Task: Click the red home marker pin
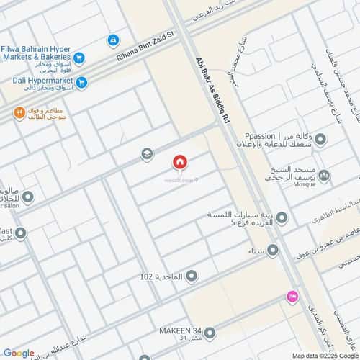click(179, 162)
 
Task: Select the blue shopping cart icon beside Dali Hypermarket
click(81, 83)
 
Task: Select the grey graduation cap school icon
click(147, 154)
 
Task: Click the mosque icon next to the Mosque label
click(324, 175)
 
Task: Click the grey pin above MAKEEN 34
click(210, 333)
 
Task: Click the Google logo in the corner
click(19, 353)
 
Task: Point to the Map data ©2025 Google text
click(324, 355)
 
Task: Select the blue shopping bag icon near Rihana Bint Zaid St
click(113, 40)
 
